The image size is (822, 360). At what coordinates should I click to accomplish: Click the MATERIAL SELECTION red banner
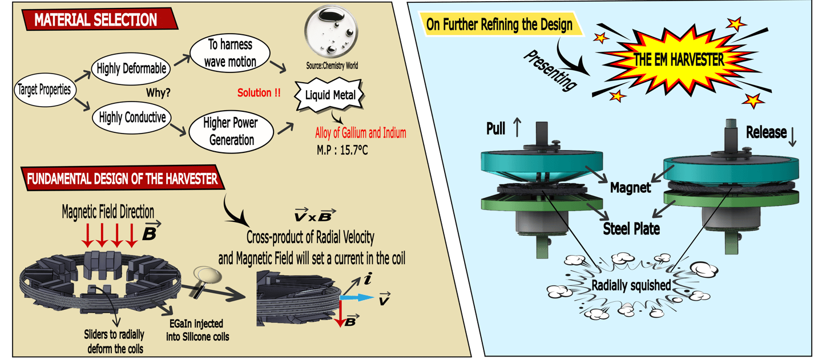[x=94, y=20]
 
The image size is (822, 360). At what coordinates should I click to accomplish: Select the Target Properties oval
[x=44, y=90]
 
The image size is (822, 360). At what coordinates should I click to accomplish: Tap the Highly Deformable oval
[x=132, y=68]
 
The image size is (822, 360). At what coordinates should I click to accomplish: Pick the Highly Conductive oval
[x=132, y=118]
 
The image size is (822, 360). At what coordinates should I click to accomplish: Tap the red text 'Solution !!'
[x=259, y=92]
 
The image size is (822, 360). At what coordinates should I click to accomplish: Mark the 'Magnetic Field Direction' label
[x=108, y=212]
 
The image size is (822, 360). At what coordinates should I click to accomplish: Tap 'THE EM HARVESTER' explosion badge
[x=679, y=59]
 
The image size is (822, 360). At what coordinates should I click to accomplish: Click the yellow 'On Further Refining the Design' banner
[x=499, y=25]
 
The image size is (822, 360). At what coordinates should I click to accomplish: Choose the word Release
[x=764, y=132]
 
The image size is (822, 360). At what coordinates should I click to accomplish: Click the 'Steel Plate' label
[x=631, y=229]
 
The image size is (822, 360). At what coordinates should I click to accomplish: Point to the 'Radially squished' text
[x=631, y=285]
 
